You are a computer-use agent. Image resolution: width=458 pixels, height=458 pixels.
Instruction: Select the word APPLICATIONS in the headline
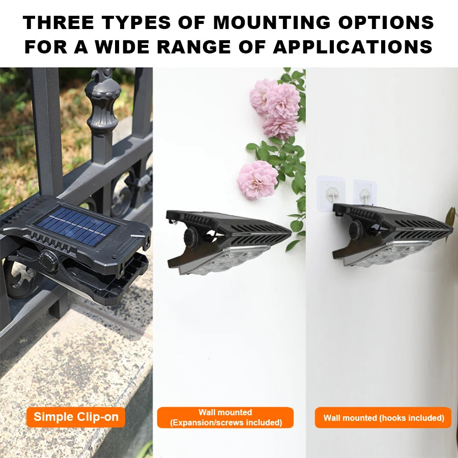[353, 47]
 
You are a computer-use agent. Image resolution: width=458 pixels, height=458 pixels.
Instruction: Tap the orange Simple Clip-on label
[76, 417]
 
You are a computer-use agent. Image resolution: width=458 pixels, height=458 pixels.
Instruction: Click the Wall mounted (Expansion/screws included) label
[225, 417]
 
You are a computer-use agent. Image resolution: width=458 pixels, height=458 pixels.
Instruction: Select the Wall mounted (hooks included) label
[383, 418]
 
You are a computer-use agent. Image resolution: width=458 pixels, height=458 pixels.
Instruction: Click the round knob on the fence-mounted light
[48, 258]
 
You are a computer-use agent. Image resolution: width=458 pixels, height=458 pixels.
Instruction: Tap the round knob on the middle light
[192, 238]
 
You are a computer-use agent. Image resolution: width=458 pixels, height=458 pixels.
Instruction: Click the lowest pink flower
[257, 179]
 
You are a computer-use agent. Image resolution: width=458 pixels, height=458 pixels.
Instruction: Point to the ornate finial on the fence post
[103, 102]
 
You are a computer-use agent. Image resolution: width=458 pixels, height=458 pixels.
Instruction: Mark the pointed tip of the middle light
[289, 235]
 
